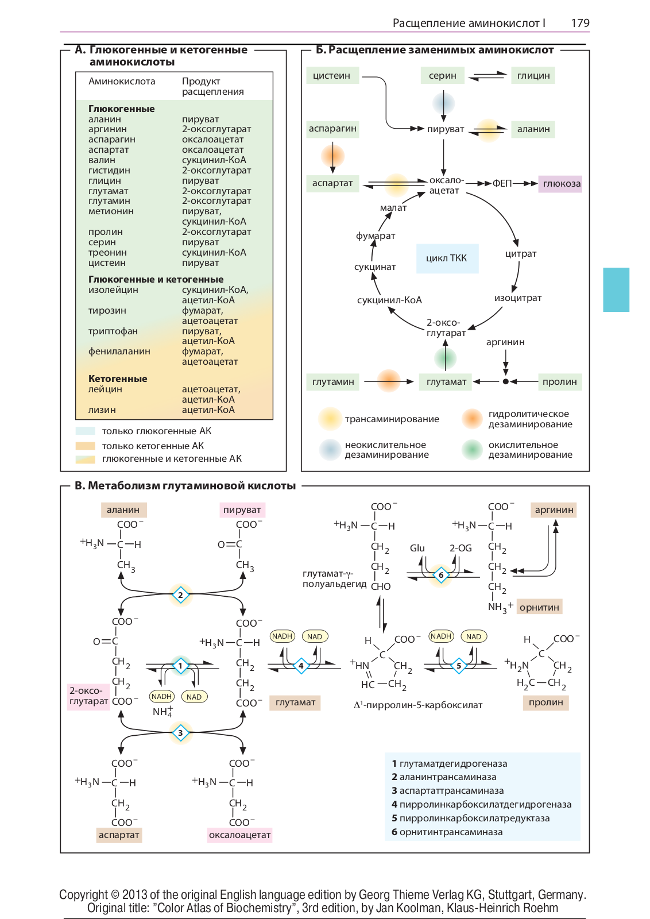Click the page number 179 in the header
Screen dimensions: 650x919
pos(581,23)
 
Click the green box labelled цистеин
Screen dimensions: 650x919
pos(332,75)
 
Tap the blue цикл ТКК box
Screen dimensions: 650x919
pos(447,258)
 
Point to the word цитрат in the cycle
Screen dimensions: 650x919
pos(520,254)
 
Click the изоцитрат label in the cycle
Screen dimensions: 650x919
pos(517,298)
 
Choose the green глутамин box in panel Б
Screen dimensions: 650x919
pos(333,382)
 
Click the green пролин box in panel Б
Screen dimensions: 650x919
pos(560,382)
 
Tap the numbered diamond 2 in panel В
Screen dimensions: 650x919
pos(180,595)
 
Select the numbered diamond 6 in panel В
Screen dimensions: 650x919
pos(441,575)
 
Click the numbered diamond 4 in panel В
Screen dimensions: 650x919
pos(301,666)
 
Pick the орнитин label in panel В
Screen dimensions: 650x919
pos(539,607)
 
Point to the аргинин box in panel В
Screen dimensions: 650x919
pos(554,510)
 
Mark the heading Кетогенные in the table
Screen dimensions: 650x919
pos(118,379)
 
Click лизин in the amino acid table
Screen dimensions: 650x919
pos(102,410)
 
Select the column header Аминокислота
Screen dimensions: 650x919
pos(122,81)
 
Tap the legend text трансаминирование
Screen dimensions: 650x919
pos(392,419)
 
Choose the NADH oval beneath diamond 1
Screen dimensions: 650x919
pos(161,697)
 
